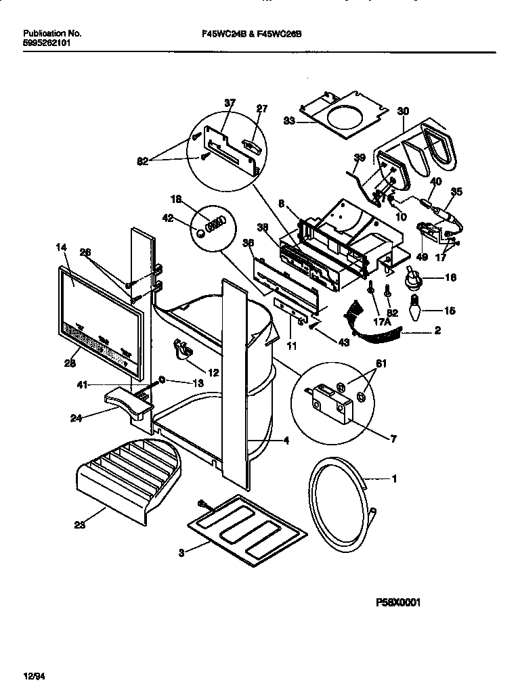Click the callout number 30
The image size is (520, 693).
pos(403,111)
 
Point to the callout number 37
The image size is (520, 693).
pos(230,103)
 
